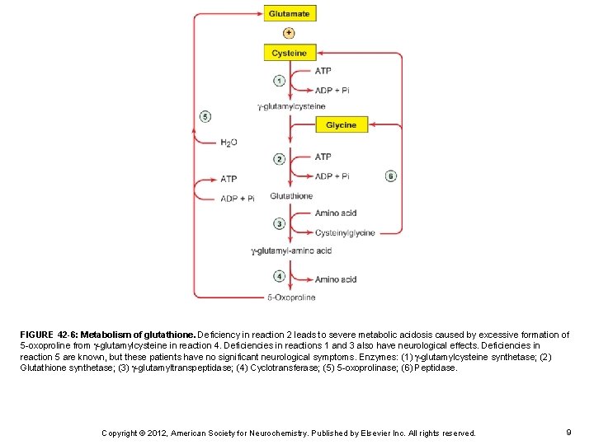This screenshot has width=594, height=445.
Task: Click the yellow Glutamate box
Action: (290, 14)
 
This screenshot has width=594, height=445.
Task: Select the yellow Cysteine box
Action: (290, 53)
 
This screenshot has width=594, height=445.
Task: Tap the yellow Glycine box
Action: (342, 125)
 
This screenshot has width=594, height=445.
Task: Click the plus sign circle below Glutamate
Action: (289, 33)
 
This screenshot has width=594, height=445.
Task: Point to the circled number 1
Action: (279, 81)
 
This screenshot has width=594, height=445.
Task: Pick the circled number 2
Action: (279, 159)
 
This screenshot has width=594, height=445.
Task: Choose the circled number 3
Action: (279, 223)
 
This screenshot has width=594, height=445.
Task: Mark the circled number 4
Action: (279, 276)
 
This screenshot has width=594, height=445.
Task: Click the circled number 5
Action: (205, 117)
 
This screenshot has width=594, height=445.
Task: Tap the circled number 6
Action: (390, 176)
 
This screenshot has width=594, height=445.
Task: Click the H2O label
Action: (229, 143)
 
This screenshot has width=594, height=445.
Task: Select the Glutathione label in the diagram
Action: (291, 196)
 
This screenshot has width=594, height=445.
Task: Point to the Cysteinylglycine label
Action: (345, 233)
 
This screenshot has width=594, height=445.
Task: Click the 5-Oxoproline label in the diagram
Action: (291, 297)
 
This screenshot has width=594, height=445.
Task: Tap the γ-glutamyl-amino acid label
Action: (291, 251)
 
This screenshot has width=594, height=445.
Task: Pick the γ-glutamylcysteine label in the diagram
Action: (291, 106)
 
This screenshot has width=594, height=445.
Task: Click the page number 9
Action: (569, 432)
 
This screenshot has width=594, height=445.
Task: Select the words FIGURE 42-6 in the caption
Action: (48, 335)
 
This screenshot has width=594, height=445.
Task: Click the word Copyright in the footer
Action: (121, 433)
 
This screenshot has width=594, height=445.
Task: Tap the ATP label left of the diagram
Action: (229, 179)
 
